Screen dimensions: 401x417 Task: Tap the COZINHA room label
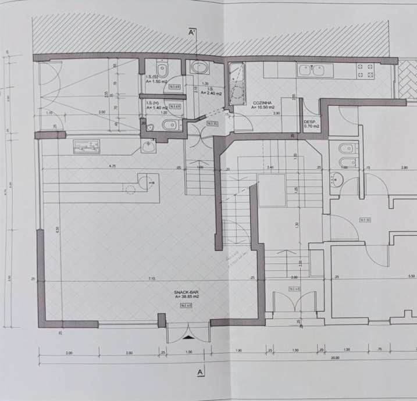[263, 103]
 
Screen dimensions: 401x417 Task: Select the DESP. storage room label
[310, 121]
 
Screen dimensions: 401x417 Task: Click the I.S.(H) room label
[152, 103]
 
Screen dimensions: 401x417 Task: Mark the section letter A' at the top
[193, 34]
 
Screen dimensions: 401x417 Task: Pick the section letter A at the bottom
[200, 371]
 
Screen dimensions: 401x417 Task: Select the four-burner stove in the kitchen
[366, 71]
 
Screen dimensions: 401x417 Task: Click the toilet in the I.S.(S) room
[165, 71]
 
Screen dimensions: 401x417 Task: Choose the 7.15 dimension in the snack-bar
[152, 279]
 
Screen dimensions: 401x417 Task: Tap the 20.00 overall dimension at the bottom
[336, 358]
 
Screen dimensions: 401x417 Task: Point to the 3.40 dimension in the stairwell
[270, 167]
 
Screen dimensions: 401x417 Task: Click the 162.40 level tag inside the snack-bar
[186, 306]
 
